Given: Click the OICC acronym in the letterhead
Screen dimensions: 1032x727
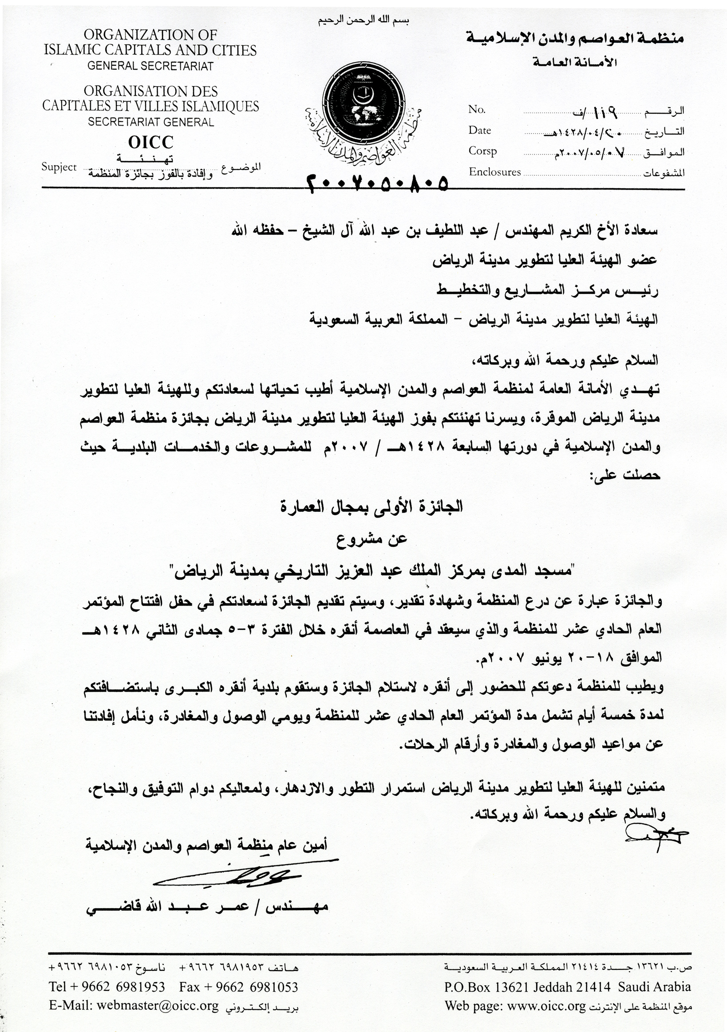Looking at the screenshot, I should click(x=150, y=142).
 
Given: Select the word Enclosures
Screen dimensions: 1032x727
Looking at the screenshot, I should click(x=495, y=172).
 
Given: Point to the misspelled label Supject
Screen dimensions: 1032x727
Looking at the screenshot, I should click(x=59, y=167).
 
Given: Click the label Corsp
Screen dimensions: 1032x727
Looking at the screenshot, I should click(x=482, y=151).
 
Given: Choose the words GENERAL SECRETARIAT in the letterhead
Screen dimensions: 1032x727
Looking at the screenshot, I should click(x=150, y=66).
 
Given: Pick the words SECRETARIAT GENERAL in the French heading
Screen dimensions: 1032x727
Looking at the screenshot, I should click(x=151, y=122).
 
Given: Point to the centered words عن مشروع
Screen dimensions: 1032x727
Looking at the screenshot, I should click(x=371, y=539).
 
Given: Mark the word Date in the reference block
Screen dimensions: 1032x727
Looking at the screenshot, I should click(x=479, y=130).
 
